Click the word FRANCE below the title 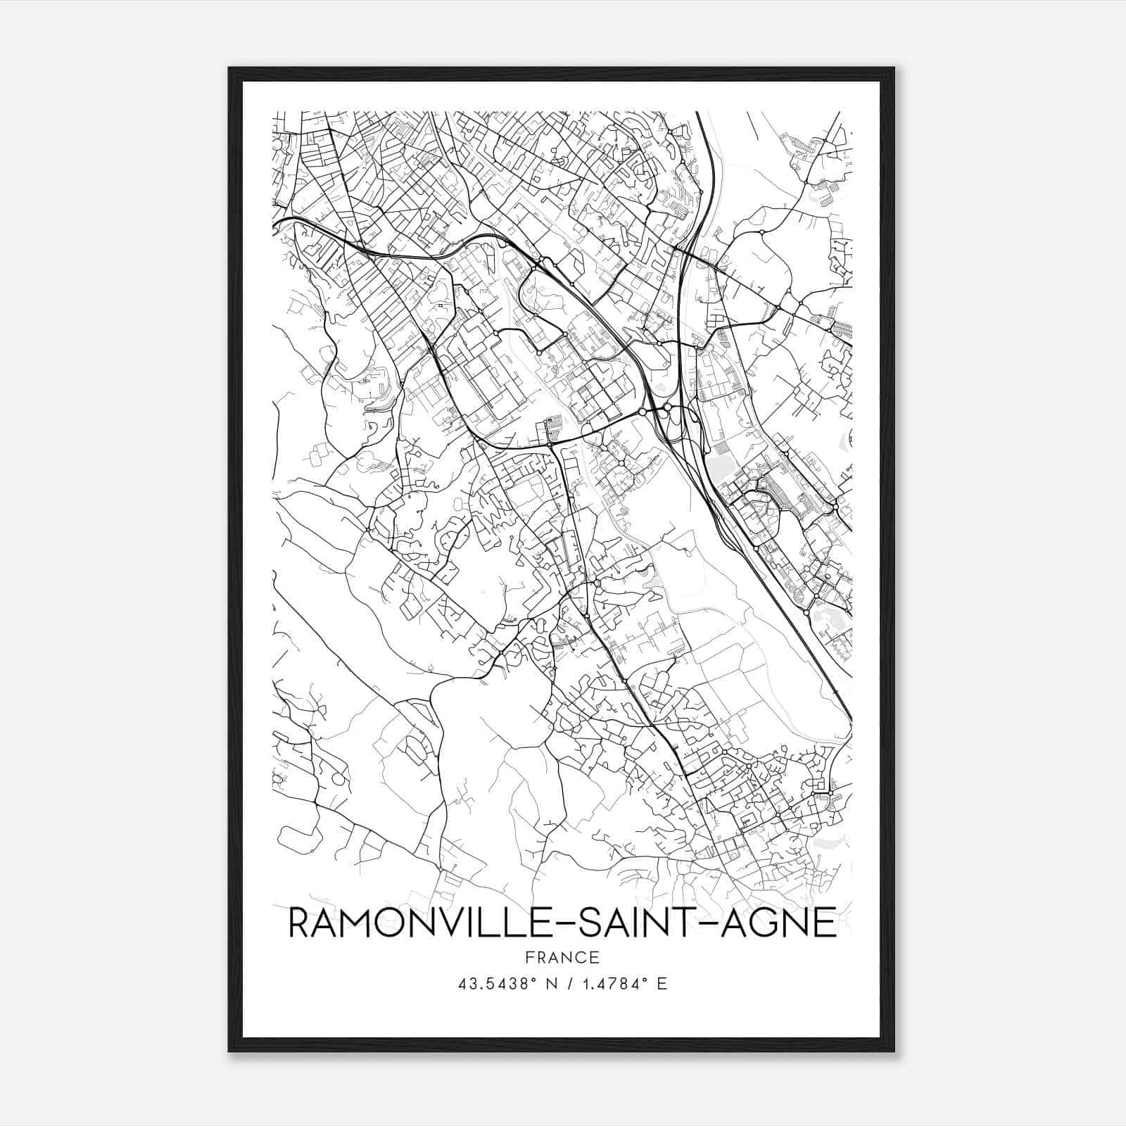click(x=562, y=957)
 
